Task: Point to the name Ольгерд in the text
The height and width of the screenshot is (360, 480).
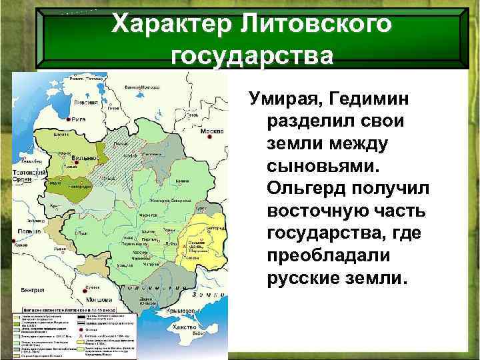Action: pyautogui.click(x=307, y=190)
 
